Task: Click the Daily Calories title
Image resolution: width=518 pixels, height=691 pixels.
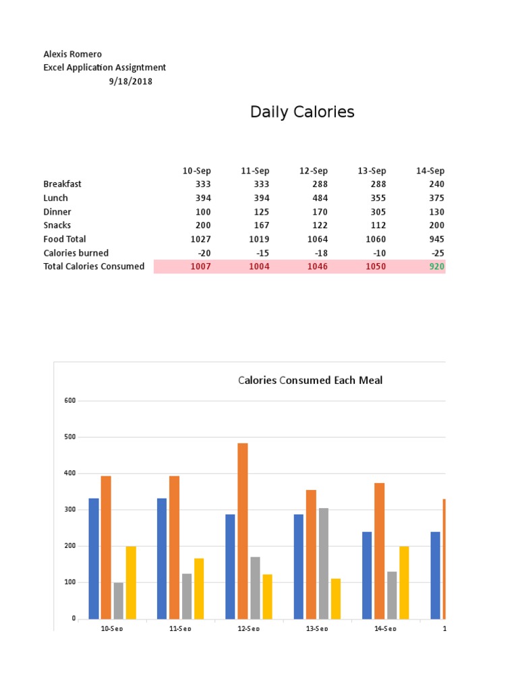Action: [302, 112]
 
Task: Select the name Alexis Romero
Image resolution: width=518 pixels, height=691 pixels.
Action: [73, 54]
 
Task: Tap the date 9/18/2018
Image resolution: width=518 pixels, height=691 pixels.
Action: [130, 82]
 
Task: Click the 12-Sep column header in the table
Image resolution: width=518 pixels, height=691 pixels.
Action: [314, 171]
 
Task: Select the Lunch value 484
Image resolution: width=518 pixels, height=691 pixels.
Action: [319, 198]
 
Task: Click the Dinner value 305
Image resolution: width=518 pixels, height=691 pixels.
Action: [378, 212]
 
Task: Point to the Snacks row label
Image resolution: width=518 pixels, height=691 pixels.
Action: [57, 225]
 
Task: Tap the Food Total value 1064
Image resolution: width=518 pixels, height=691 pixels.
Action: [316, 239]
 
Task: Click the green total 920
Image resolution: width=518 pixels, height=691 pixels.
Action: [436, 267]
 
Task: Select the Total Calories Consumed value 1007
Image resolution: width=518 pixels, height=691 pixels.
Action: [200, 267]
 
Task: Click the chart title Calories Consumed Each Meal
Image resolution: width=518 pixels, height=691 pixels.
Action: [310, 381]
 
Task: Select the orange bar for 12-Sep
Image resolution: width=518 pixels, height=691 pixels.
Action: [243, 530]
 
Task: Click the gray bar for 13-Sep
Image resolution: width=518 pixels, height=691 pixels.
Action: [323, 563]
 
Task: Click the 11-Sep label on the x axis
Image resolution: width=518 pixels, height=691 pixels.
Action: [180, 628]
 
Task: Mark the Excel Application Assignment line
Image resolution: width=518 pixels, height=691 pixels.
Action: [105, 67]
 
